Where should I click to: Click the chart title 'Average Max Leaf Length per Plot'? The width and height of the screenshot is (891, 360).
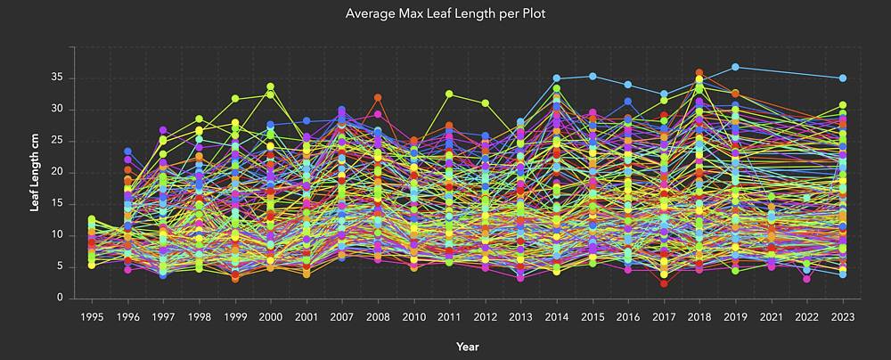click(x=445, y=14)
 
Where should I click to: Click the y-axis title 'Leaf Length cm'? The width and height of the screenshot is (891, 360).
click(x=35, y=172)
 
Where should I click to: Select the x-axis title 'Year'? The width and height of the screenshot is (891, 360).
click(x=467, y=345)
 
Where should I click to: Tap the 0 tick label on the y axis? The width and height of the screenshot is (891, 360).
click(x=59, y=298)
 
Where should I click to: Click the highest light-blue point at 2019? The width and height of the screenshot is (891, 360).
click(x=735, y=67)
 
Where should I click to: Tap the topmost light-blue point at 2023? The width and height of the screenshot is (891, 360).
click(x=842, y=78)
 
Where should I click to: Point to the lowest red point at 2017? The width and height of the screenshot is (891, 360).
click(x=664, y=283)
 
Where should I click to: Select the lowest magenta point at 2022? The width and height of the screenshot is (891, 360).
click(x=806, y=279)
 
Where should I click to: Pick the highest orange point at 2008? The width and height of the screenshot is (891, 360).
click(x=378, y=98)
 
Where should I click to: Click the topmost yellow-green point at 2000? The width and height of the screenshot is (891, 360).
click(x=270, y=87)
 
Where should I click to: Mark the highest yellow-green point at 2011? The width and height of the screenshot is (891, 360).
click(x=449, y=94)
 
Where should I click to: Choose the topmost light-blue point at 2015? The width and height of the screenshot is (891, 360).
click(x=592, y=76)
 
